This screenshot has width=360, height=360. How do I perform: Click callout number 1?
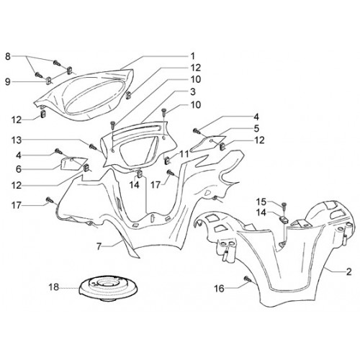click(192, 56)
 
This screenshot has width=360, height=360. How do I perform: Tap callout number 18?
click(54, 287)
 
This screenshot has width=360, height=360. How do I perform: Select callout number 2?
click(348, 271)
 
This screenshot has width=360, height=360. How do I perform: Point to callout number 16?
click(219, 288)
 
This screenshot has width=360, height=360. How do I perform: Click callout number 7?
click(99, 246)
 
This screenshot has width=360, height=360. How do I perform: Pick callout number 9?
click(8, 82)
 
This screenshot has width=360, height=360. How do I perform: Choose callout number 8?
click(8, 57)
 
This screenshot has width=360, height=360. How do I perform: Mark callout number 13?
click(17, 140)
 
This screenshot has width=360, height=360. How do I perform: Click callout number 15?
click(261, 202)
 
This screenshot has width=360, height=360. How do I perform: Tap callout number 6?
click(19, 169)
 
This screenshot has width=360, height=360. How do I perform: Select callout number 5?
click(256, 128)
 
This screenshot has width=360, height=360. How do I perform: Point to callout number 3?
click(192, 91)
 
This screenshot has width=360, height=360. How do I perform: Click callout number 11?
click(184, 154)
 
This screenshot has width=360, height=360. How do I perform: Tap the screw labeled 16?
click(247, 279)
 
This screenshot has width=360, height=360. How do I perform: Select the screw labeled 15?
click(284, 204)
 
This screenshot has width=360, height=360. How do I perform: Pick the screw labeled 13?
click(92, 146)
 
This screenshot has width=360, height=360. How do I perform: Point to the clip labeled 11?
click(166, 160)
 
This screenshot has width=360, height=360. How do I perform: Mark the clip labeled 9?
click(48, 81)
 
